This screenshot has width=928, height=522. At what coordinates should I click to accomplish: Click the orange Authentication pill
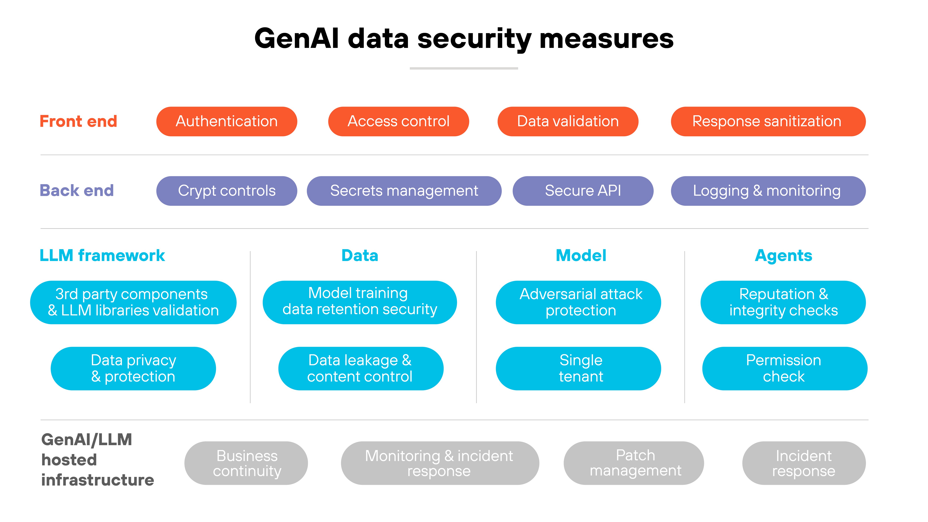pyautogui.click(x=227, y=121)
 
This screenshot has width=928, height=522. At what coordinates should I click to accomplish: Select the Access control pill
pyautogui.click(x=398, y=121)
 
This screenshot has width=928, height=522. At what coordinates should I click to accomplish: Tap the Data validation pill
pyautogui.click(x=568, y=121)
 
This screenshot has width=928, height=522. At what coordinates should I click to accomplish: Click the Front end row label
pyautogui.click(x=78, y=121)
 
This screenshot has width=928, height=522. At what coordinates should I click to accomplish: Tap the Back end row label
pyautogui.click(x=77, y=191)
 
